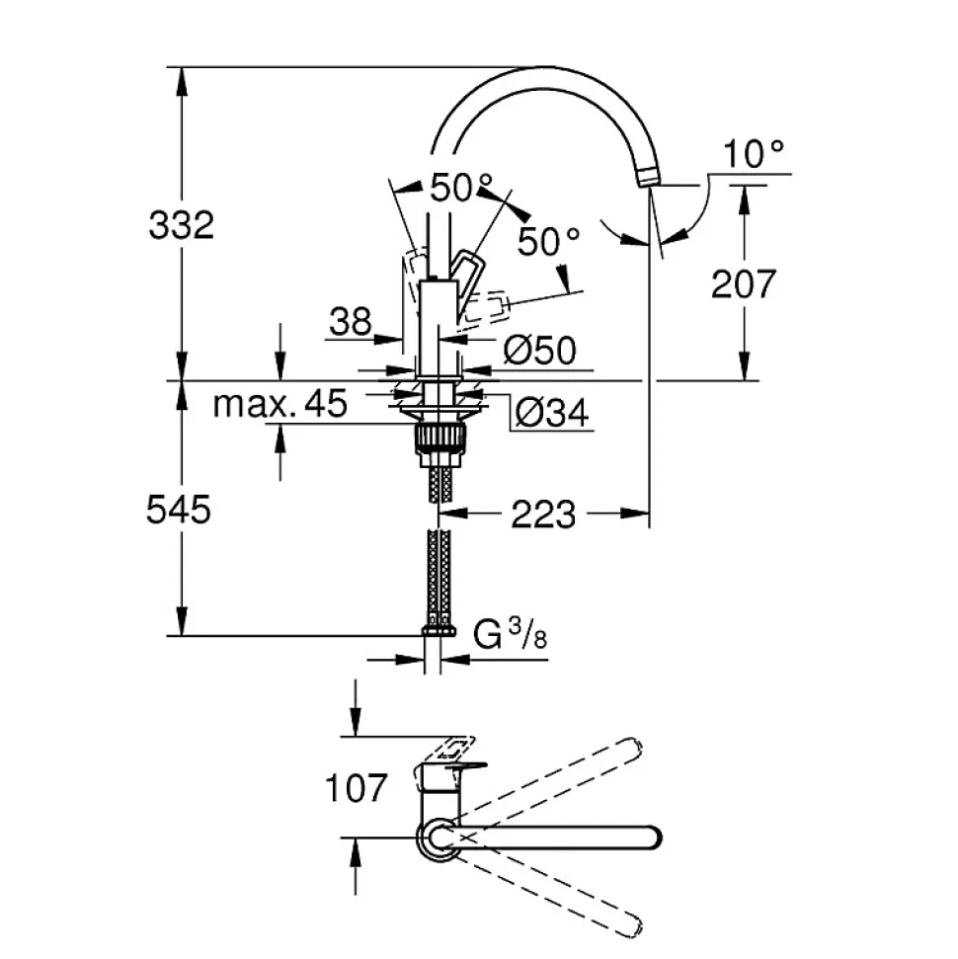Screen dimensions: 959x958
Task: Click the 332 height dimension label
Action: [x=181, y=225]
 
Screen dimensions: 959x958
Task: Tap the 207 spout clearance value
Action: [x=744, y=284]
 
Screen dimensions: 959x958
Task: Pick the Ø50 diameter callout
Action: [x=539, y=350]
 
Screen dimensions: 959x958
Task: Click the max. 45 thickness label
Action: [x=281, y=403]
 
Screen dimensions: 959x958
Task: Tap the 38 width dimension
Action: [x=351, y=321]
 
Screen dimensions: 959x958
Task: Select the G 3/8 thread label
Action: [x=511, y=635]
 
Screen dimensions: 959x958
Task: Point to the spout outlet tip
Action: [x=648, y=179]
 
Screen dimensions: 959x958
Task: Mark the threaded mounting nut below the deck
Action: [x=439, y=438]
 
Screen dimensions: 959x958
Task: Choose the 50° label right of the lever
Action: [x=549, y=241]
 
